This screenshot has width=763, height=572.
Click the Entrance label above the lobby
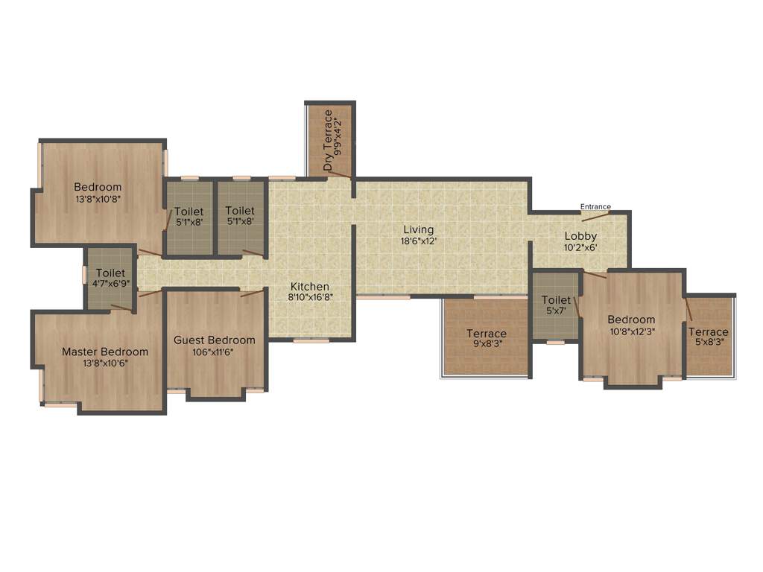(x=595, y=206)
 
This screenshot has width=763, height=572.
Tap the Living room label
(x=419, y=229)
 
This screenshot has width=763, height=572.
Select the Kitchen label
(x=310, y=286)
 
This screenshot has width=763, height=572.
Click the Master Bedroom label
(x=105, y=352)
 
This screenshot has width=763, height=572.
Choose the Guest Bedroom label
(x=215, y=340)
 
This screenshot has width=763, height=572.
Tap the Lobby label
(x=580, y=237)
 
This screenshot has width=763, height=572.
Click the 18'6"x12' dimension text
(x=419, y=241)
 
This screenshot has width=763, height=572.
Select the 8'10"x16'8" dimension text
(x=310, y=296)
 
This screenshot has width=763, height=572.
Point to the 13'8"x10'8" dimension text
(x=98, y=199)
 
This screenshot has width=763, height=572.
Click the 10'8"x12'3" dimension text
(x=631, y=331)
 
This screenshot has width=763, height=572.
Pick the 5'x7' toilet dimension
(x=556, y=311)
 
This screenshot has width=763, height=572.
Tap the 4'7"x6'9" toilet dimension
(x=110, y=285)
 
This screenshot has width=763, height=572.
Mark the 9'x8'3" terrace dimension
(x=487, y=344)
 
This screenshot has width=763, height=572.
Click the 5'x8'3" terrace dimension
(x=708, y=343)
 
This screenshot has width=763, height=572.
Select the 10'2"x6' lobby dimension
(x=580, y=248)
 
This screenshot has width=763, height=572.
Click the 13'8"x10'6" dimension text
(x=105, y=363)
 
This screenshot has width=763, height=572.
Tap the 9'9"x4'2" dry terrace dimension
(x=340, y=136)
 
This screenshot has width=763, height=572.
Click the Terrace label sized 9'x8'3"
(x=487, y=333)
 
